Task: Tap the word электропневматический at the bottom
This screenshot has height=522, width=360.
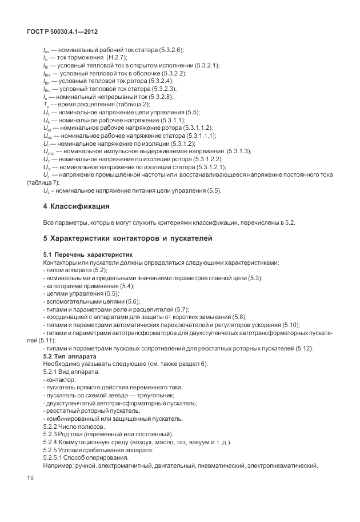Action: (282, 465)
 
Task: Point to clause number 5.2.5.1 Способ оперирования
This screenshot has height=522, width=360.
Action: (55, 457)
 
